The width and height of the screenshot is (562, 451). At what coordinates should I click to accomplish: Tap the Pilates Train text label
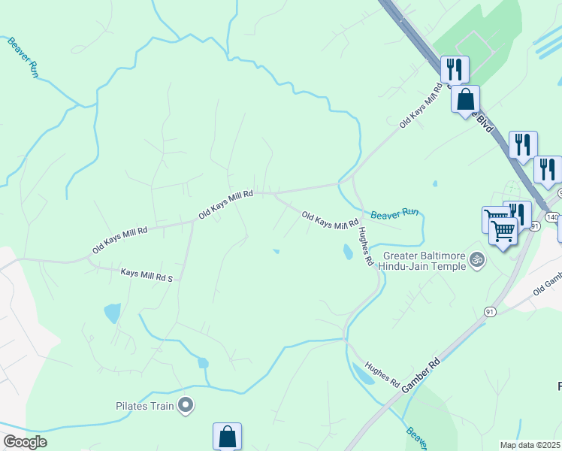point(145,407)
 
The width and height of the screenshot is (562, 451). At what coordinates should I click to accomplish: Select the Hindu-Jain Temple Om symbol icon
point(475,260)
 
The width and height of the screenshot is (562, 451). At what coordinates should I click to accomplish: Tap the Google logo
point(25,442)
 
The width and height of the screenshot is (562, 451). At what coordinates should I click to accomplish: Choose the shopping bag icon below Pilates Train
point(227,436)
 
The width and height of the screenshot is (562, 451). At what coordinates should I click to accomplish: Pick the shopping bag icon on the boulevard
point(465,99)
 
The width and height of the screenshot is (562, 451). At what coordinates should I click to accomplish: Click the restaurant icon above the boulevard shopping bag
point(454,70)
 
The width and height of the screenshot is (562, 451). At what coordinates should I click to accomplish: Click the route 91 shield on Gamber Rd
point(490,310)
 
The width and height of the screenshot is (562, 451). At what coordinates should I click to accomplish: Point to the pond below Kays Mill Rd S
point(112,313)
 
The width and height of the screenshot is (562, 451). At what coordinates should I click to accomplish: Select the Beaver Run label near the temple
point(395,214)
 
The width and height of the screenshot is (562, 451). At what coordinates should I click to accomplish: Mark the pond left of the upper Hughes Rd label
point(347,252)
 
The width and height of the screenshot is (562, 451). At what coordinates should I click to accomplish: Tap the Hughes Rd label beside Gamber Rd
point(382,374)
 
